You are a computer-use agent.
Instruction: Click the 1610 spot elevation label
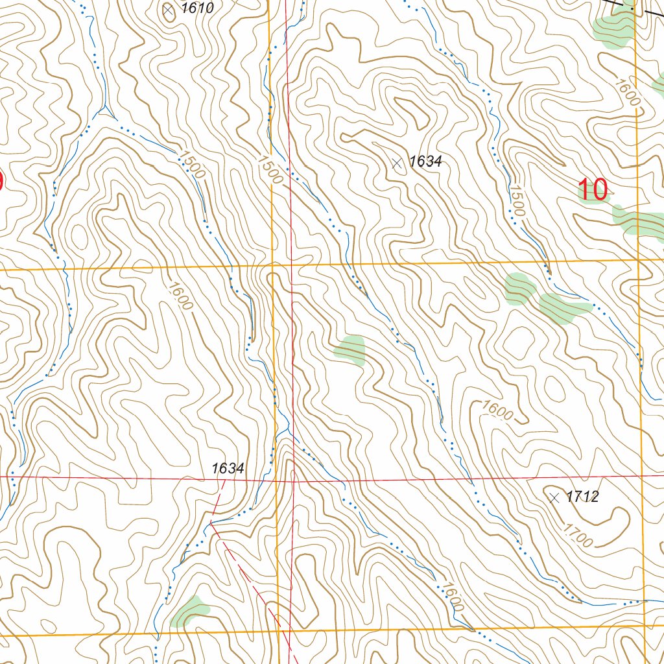tap(198, 8)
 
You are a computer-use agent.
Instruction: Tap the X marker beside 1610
tap(169, 10)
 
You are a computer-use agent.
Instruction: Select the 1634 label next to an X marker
tap(425, 161)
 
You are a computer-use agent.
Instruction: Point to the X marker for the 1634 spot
tap(397, 163)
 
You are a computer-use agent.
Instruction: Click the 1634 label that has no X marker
tap(228, 468)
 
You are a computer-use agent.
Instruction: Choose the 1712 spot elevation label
tap(582, 497)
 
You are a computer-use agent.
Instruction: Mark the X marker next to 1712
tap(554, 498)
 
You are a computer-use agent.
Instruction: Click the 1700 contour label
tap(577, 536)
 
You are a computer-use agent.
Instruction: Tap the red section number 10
tap(593, 190)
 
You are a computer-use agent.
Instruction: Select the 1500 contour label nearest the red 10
tap(517, 200)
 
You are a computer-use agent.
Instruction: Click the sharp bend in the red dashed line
tap(211, 521)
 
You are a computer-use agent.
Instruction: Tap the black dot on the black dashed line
tap(632, 9)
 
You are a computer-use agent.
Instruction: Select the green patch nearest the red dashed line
tap(190, 611)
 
